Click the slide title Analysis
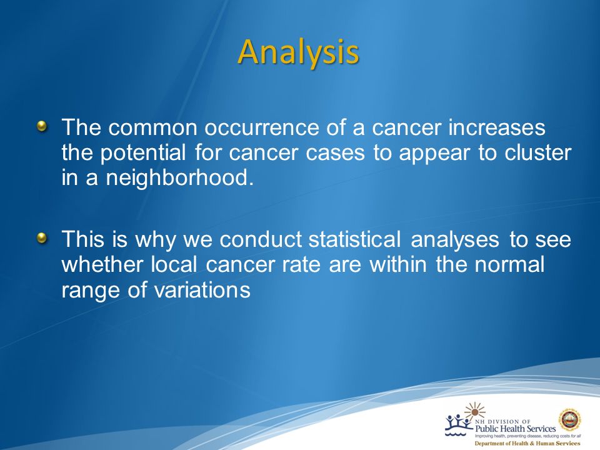coord(299,52)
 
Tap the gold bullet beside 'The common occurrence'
coord(42,126)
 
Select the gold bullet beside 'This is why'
coord(42,238)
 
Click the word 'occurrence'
coord(261,127)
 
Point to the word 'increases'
coord(497,127)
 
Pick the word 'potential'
coord(142,153)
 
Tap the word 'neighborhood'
coord(179,178)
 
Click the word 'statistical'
coord(355,239)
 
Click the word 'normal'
coord(509,264)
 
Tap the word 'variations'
coord(202,290)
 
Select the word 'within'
coord(398,264)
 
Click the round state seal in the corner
coord(570,420)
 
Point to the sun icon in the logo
coord(475,411)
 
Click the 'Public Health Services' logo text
coord(515,429)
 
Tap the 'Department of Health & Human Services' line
coord(527,444)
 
